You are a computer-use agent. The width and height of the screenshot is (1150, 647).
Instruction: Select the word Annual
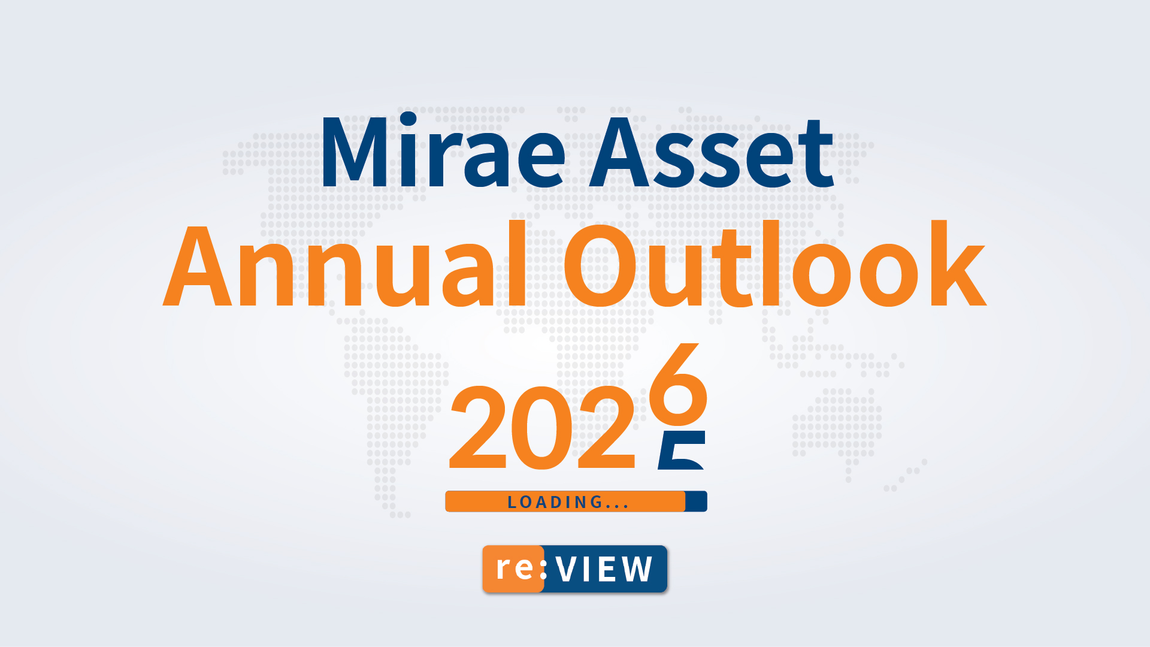pos(346,264)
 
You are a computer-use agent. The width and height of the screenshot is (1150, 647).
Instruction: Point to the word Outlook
pos(774,264)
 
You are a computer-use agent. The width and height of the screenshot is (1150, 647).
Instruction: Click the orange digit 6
pos(679,379)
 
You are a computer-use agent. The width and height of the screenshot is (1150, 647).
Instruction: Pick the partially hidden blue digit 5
pos(682,450)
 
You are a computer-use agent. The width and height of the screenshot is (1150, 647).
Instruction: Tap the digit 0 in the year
pos(542,427)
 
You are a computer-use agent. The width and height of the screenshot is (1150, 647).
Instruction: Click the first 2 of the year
pos(478,427)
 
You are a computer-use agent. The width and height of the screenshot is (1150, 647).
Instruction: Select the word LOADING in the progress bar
pos(555,502)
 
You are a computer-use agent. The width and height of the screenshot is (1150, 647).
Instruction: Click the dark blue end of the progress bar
pos(696,501)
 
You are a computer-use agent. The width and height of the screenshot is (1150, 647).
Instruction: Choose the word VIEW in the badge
pos(604,569)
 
